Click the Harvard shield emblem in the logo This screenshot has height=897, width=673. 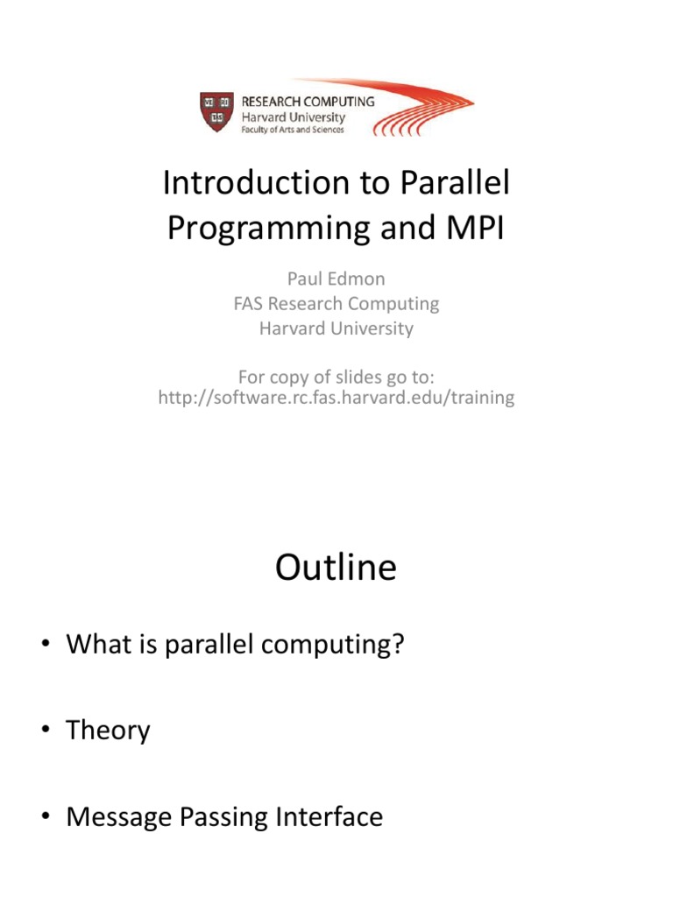click(x=216, y=111)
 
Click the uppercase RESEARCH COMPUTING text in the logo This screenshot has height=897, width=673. click(x=308, y=101)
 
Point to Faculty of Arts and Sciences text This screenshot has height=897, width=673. click(x=293, y=130)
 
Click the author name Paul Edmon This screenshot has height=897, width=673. click(x=336, y=279)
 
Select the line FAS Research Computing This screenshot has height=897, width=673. click(x=336, y=304)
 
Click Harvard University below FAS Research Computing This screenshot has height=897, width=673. click(x=336, y=329)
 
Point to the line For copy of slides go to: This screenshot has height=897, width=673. click(x=336, y=377)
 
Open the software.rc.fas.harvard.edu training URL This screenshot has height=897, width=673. click(x=336, y=399)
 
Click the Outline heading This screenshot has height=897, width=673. click(x=336, y=569)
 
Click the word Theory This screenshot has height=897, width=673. click(x=108, y=731)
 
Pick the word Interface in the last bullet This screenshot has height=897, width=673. click(x=330, y=817)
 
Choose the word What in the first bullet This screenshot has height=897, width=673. click(x=96, y=645)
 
